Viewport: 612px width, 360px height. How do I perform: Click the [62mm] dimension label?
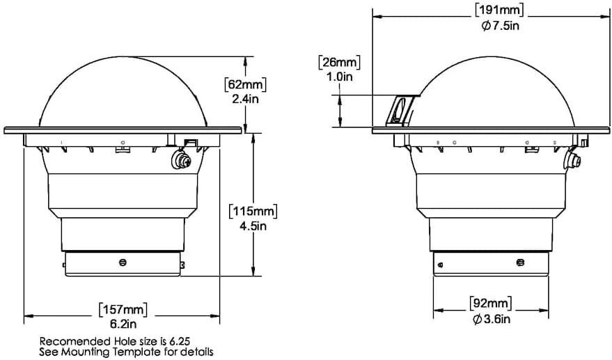click(246, 84)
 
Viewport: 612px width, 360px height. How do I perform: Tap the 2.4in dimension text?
click(246, 99)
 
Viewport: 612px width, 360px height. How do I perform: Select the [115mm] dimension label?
click(253, 211)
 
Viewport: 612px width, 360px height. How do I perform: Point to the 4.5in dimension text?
click(253, 226)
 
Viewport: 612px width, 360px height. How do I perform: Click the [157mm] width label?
click(123, 310)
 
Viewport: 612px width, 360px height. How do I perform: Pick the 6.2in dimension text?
click(123, 324)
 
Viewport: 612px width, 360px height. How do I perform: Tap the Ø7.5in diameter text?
click(500, 26)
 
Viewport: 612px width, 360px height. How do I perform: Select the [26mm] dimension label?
click(340, 62)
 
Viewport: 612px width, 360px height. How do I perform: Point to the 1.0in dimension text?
click(339, 77)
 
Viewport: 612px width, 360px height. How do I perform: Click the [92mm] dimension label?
click(492, 304)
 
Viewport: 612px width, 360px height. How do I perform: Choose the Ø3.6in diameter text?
click(492, 320)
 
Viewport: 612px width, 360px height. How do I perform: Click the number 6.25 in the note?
click(180, 341)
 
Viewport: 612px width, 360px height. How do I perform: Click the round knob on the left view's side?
click(182, 159)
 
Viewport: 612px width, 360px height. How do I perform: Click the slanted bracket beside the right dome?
click(400, 111)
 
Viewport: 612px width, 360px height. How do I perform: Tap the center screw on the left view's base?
click(123, 263)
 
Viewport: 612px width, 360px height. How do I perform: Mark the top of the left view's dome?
click(123, 57)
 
